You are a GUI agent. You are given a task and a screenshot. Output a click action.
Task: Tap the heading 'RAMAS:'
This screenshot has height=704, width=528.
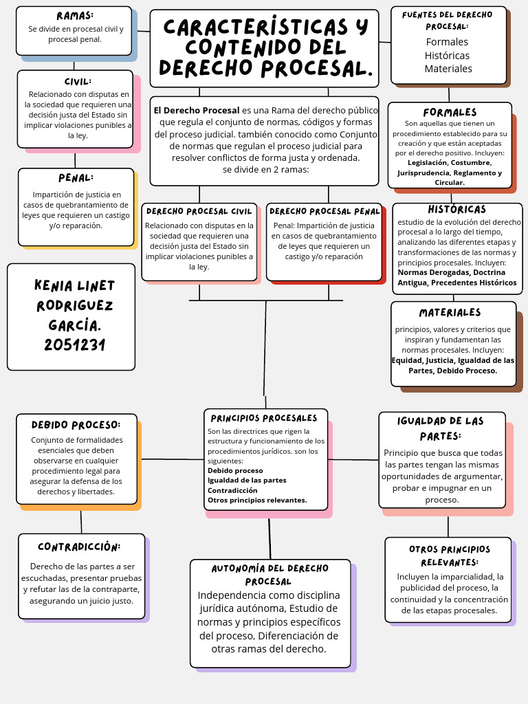point(75,16)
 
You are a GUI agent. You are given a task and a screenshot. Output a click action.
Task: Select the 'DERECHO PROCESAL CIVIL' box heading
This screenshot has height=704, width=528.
point(199,211)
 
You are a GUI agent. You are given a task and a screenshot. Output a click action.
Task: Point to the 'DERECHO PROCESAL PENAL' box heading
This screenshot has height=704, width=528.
point(324,211)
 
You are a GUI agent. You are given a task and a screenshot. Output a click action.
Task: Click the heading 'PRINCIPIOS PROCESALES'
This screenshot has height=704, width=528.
point(264,418)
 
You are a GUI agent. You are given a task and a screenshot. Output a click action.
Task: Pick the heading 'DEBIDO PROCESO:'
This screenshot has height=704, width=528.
point(76,425)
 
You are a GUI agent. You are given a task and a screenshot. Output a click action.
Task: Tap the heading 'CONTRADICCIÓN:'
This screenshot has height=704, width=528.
point(79,547)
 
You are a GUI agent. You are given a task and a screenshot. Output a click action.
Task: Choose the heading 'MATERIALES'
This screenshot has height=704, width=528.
point(450,313)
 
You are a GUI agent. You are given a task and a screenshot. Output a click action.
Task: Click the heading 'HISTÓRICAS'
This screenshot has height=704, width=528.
point(456,210)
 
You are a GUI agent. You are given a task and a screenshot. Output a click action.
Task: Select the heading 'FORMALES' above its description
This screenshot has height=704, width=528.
point(450,112)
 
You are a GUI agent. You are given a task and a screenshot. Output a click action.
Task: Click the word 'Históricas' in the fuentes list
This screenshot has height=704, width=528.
point(447,55)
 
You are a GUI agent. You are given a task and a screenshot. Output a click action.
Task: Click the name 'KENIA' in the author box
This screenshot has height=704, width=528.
point(53,286)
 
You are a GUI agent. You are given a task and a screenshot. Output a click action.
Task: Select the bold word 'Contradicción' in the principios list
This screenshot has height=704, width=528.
point(232,490)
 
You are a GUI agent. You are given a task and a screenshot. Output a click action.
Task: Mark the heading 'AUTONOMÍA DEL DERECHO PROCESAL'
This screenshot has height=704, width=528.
point(269,575)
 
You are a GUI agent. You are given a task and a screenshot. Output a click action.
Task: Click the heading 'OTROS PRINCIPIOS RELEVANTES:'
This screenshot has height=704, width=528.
point(450,555)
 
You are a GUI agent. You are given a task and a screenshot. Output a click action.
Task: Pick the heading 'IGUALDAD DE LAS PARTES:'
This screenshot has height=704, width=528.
point(441,428)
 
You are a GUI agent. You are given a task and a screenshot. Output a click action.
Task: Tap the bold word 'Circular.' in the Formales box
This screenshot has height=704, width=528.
point(450,182)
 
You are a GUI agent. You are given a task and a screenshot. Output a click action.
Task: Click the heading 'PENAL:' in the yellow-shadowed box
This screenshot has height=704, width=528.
point(76,178)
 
